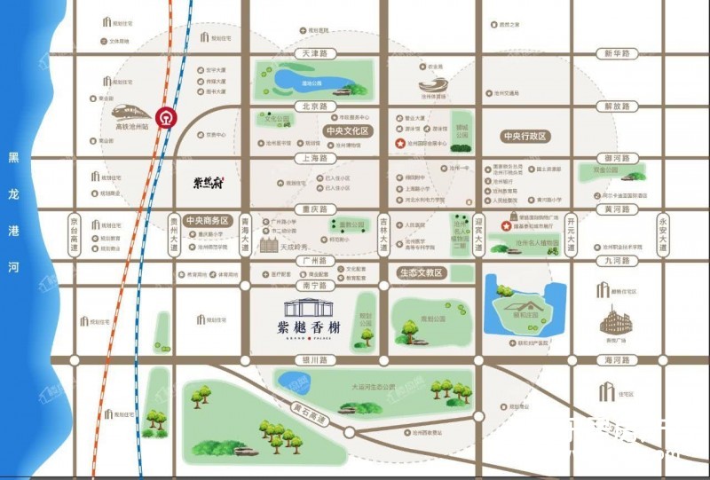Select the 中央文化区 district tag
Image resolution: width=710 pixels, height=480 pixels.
click(x=346, y=130)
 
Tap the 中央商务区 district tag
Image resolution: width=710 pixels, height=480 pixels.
click(x=208, y=221)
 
